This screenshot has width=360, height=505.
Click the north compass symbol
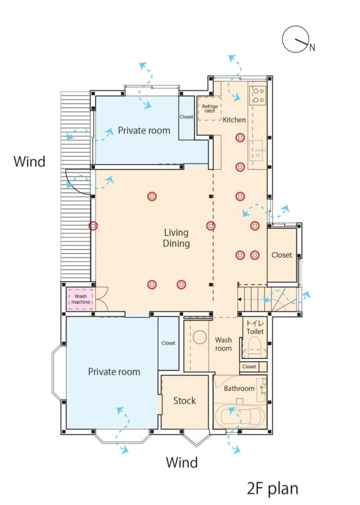(296, 39)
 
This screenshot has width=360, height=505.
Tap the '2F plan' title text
(272, 488)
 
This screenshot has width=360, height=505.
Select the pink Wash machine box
(80, 299)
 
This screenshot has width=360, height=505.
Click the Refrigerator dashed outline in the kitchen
(209, 109)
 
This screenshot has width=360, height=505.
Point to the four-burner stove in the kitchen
(258, 96)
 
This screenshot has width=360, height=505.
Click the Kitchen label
(234, 120)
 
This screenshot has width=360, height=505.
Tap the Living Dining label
(176, 238)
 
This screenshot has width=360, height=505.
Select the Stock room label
(184, 400)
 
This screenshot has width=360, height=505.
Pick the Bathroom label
(239, 389)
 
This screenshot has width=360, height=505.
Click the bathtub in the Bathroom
(240, 417)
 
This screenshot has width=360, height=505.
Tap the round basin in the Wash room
(200, 337)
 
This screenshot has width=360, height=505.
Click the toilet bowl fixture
(255, 346)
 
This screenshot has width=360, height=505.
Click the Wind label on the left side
(29, 161)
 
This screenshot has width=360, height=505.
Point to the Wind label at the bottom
(182, 462)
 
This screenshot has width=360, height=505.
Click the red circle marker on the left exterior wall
(93, 226)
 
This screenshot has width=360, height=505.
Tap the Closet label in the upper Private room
(186, 117)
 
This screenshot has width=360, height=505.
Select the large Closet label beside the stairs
(282, 255)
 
